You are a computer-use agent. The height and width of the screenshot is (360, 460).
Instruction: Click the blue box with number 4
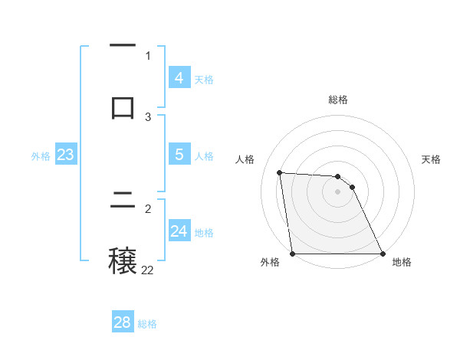179,78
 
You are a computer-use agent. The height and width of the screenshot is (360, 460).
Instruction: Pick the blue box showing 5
179,155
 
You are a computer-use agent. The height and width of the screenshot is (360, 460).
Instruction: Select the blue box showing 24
179,231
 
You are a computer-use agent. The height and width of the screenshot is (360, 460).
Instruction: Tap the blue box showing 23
66,155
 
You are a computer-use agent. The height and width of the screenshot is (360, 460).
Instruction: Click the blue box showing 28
123,322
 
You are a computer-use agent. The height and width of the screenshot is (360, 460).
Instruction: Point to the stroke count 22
147,270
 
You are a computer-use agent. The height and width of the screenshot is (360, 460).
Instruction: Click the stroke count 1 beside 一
148,55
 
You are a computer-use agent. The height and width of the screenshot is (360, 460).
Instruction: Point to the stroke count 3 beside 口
148,116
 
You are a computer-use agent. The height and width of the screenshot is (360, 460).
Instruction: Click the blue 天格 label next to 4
204,79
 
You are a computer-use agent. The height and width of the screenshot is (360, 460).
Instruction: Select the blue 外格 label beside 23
41,155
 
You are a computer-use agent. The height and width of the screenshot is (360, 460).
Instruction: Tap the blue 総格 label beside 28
147,323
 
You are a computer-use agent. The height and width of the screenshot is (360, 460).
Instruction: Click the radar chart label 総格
337,100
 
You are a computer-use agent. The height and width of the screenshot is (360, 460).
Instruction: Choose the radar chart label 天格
431,159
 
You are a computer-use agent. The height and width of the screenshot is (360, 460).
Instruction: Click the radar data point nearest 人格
280,172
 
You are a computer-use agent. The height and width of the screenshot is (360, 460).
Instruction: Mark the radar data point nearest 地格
382,254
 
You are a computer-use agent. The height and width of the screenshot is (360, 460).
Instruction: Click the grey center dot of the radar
337,191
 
